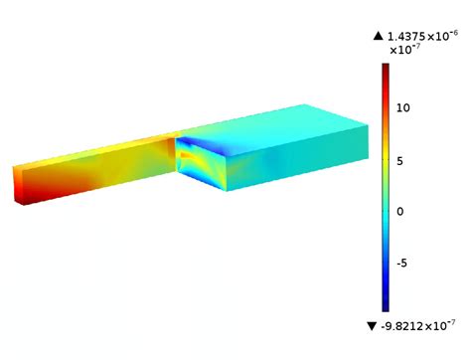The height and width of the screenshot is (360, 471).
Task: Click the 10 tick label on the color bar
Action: pos(404,107)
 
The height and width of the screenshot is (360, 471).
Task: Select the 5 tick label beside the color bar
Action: pos(402,159)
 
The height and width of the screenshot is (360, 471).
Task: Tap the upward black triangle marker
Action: pos(378,36)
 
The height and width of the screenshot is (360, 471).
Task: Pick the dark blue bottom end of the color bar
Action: pos(386,306)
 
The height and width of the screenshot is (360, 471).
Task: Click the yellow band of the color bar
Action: pos(386,149)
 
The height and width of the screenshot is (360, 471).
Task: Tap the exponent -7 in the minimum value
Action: pos(452,322)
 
